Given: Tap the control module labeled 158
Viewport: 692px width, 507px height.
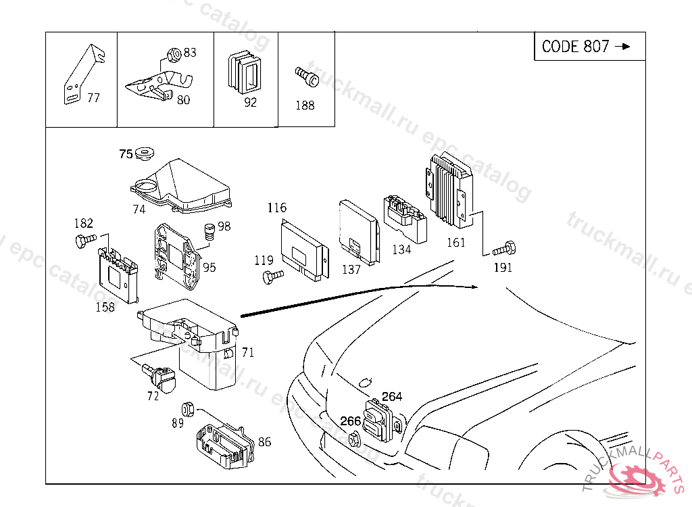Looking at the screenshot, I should pos(120,274).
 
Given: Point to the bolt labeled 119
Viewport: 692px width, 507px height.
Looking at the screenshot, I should pos(272,275).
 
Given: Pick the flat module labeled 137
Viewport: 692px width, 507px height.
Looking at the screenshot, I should pos(358,230).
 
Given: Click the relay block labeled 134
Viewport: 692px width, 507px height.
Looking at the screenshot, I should pos(405,216).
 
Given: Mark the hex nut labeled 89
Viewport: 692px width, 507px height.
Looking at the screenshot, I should pos(189,409).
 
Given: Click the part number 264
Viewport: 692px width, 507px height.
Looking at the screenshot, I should pos(392,397).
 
